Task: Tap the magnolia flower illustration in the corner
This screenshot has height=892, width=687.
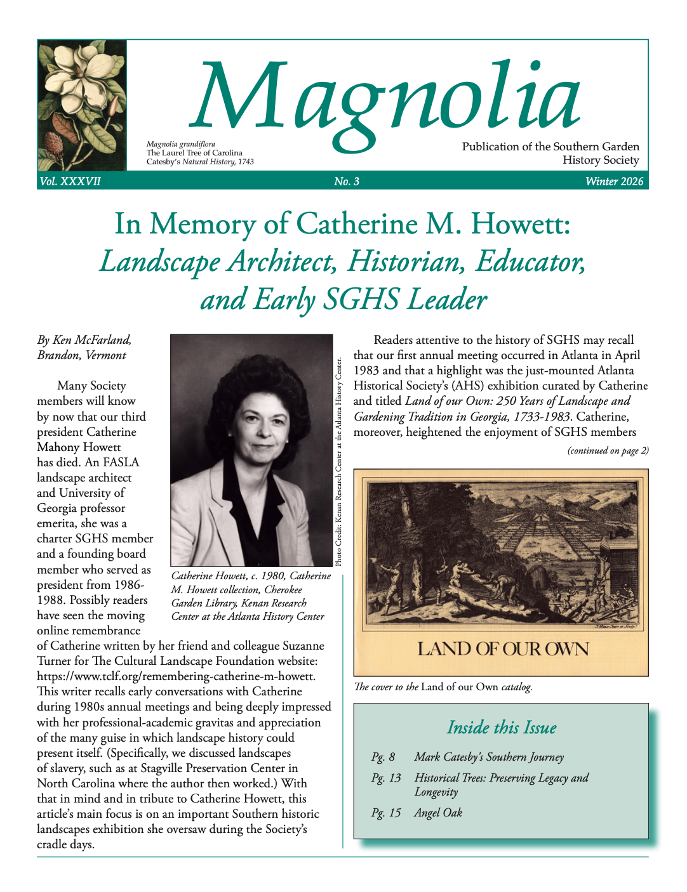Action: point(82,105)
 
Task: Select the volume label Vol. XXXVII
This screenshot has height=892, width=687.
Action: point(70,181)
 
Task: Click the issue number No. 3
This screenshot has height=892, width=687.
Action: point(347,181)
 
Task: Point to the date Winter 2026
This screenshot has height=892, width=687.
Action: point(614,181)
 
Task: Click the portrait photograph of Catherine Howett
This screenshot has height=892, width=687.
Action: point(251,450)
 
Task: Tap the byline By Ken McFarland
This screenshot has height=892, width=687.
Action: point(84,340)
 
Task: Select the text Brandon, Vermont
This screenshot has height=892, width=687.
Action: point(81,355)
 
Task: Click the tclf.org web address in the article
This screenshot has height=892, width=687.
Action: point(176,676)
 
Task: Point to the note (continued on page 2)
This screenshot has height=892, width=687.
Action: point(608,450)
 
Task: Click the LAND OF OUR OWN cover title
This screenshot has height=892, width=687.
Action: point(503,649)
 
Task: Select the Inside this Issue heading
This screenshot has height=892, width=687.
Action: point(502,727)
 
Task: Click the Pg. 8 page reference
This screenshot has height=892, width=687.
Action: point(383,757)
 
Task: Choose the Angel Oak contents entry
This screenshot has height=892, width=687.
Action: point(438,813)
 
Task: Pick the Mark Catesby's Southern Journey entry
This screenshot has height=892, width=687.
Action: point(489,757)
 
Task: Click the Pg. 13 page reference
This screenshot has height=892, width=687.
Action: point(386,778)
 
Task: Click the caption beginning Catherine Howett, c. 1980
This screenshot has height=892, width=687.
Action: point(251,596)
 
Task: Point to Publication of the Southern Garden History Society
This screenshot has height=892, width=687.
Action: point(550,153)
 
